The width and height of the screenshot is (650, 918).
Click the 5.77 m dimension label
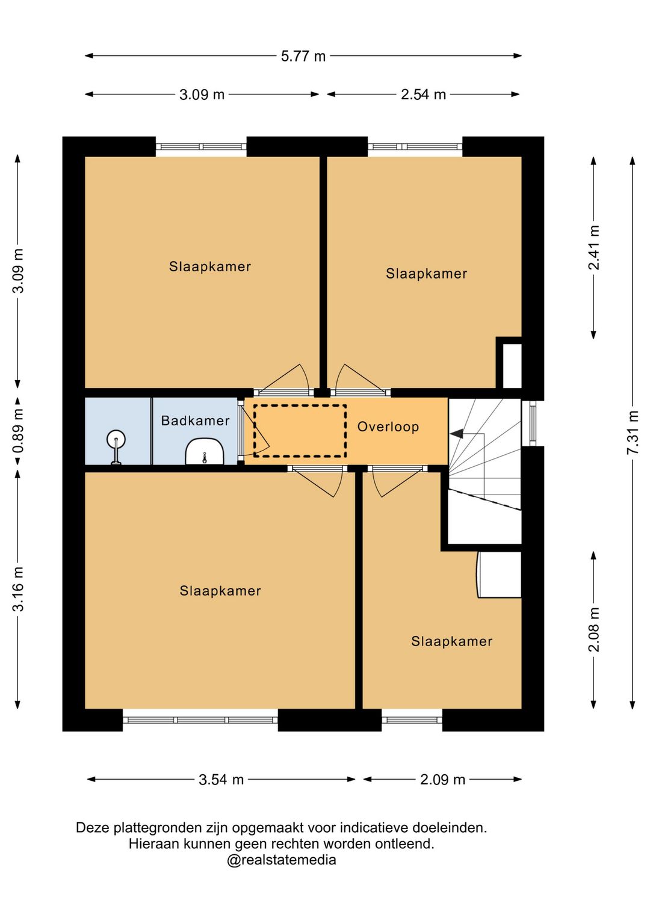click(303, 56)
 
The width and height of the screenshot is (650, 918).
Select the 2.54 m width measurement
click(423, 94)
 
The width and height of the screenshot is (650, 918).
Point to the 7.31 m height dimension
click(633, 432)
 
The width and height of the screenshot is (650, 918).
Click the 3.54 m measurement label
click(221, 779)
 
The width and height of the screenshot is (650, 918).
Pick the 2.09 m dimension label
click(442, 779)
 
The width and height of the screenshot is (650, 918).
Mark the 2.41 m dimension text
click(594, 247)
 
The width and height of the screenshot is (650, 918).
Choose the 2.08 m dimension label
click(594, 629)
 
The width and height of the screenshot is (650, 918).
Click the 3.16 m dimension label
click(19, 590)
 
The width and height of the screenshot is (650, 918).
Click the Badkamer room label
click(195, 420)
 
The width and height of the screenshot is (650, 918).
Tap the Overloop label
click(388, 427)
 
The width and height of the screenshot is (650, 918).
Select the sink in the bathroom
click(205, 451)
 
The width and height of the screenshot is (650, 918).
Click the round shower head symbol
click(116, 439)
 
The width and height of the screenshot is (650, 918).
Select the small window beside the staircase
click(532, 424)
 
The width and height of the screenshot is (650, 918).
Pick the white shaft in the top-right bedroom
click(512, 366)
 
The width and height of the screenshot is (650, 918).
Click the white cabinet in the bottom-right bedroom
click(499, 575)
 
